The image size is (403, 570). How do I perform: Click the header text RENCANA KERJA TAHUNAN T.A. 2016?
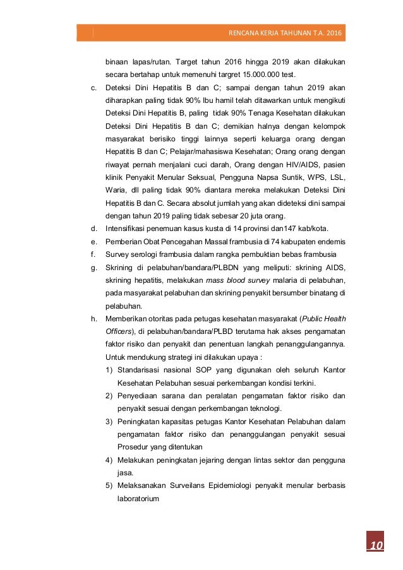tap(287, 33)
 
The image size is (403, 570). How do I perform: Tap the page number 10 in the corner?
tap(376, 545)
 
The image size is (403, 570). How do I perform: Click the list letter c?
tap(93, 88)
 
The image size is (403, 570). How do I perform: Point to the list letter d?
tap(93, 228)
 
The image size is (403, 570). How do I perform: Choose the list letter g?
tap(93, 268)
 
